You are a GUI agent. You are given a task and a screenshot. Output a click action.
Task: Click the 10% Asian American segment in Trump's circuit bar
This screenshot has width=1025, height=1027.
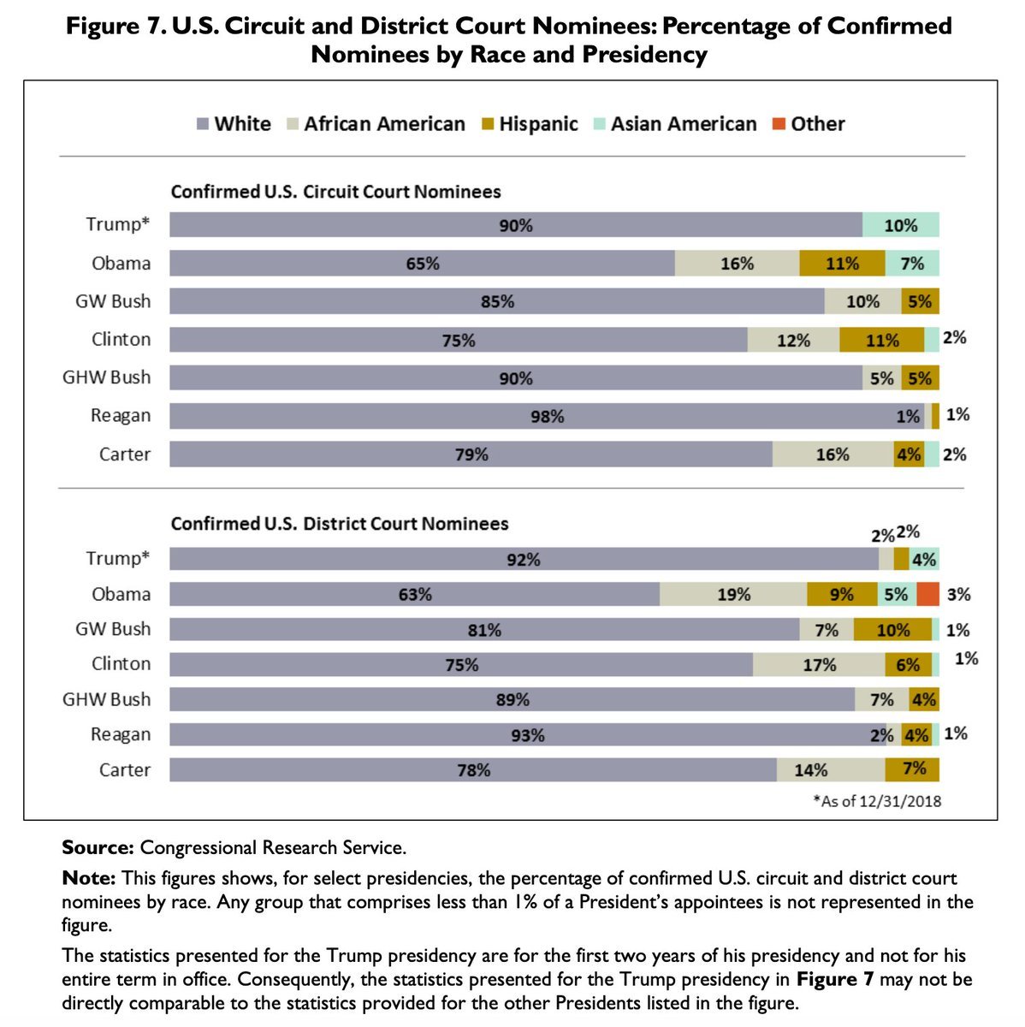click(900, 225)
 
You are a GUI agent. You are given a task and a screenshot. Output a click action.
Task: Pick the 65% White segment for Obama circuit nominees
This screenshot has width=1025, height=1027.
click(422, 264)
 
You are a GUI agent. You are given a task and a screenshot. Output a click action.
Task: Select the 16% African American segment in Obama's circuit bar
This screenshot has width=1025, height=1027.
click(737, 264)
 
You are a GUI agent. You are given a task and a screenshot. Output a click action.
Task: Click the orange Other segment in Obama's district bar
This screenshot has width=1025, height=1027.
click(927, 594)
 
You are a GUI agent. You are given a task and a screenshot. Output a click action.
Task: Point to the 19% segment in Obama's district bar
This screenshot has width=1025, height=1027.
click(733, 594)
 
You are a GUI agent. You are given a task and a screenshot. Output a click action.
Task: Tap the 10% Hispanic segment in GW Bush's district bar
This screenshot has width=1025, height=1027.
click(892, 630)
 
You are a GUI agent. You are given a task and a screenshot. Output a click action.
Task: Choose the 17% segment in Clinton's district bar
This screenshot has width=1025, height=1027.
click(819, 665)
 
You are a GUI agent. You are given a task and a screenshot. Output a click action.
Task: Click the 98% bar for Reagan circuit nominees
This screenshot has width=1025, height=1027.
click(546, 416)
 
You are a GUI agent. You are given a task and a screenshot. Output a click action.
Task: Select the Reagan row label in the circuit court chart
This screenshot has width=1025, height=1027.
click(121, 416)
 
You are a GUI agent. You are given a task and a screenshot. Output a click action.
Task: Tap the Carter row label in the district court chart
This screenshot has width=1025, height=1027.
click(125, 769)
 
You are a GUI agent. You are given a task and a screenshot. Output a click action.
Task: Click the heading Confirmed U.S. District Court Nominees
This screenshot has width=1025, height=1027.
click(340, 524)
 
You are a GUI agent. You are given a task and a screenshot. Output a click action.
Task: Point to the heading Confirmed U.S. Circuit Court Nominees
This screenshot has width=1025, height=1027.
click(335, 192)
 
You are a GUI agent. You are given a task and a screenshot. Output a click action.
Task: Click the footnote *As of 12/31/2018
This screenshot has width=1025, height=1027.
click(877, 802)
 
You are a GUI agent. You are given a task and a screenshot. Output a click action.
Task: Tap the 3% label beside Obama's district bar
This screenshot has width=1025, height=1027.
click(958, 594)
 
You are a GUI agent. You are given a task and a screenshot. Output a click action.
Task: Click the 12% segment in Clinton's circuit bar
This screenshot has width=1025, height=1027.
click(793, 341)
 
